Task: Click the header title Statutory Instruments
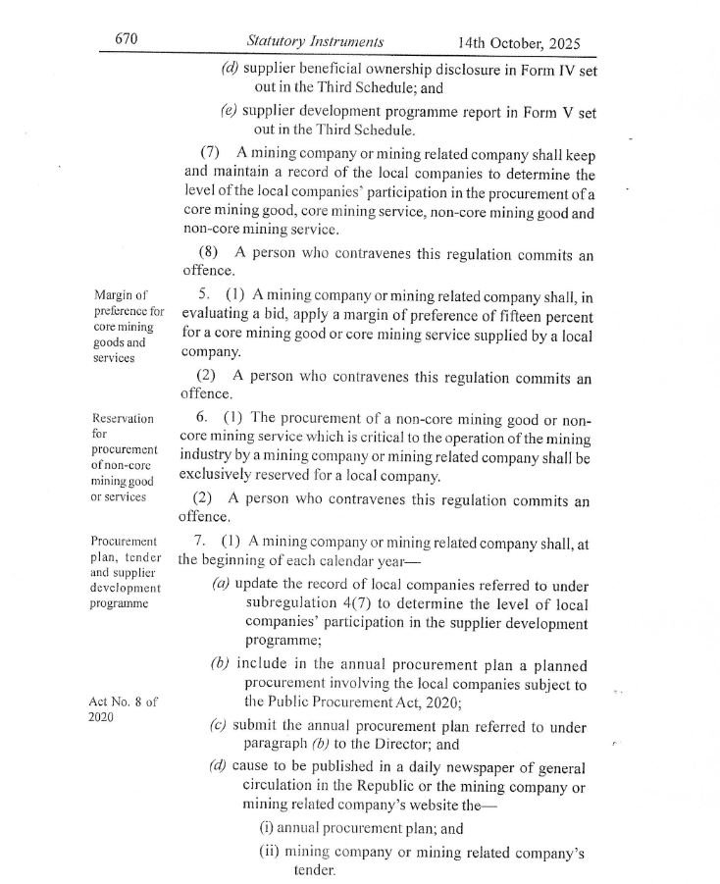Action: click(315, 41)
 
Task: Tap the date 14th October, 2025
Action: click(518, 42)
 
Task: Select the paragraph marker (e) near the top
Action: click(230, 111)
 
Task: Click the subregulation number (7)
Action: click(210, 154)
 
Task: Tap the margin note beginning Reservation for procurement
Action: click(124, 456)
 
